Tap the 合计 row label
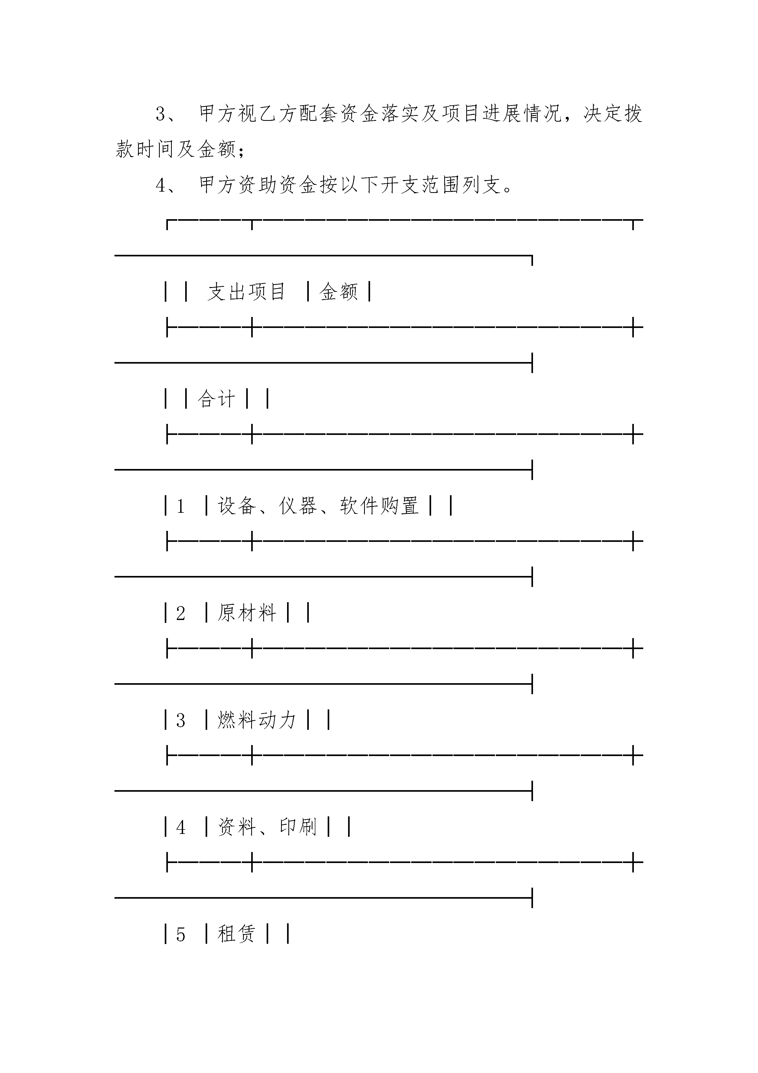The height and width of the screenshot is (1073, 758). (x=216, y=399)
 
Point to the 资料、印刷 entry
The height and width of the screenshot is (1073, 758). (x=267, y=827)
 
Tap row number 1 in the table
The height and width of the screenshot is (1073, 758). (x=181, y=506)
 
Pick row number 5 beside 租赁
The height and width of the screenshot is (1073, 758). (x=181, y=935)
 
